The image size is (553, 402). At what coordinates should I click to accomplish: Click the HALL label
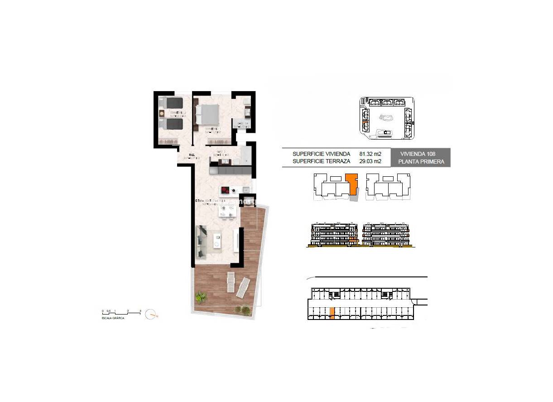(x=186, y=155)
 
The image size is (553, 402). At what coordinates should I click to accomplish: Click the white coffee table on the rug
(x=216, y=240)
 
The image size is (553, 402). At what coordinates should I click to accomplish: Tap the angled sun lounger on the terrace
(x=244, y=287)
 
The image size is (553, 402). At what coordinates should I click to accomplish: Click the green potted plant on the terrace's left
(x=200, y=297)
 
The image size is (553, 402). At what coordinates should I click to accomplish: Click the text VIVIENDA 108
(x=418, y=154)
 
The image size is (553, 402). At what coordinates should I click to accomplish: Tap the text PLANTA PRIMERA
(x=421, y=161)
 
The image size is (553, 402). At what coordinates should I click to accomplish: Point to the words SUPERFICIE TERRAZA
(x=321, y=161)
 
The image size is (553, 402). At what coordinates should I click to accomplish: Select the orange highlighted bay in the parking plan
(x=332, y=313)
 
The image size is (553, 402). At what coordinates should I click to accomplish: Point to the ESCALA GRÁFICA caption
(x=113, y=318)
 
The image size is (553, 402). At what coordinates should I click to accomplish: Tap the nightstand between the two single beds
(x=161, y=113)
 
